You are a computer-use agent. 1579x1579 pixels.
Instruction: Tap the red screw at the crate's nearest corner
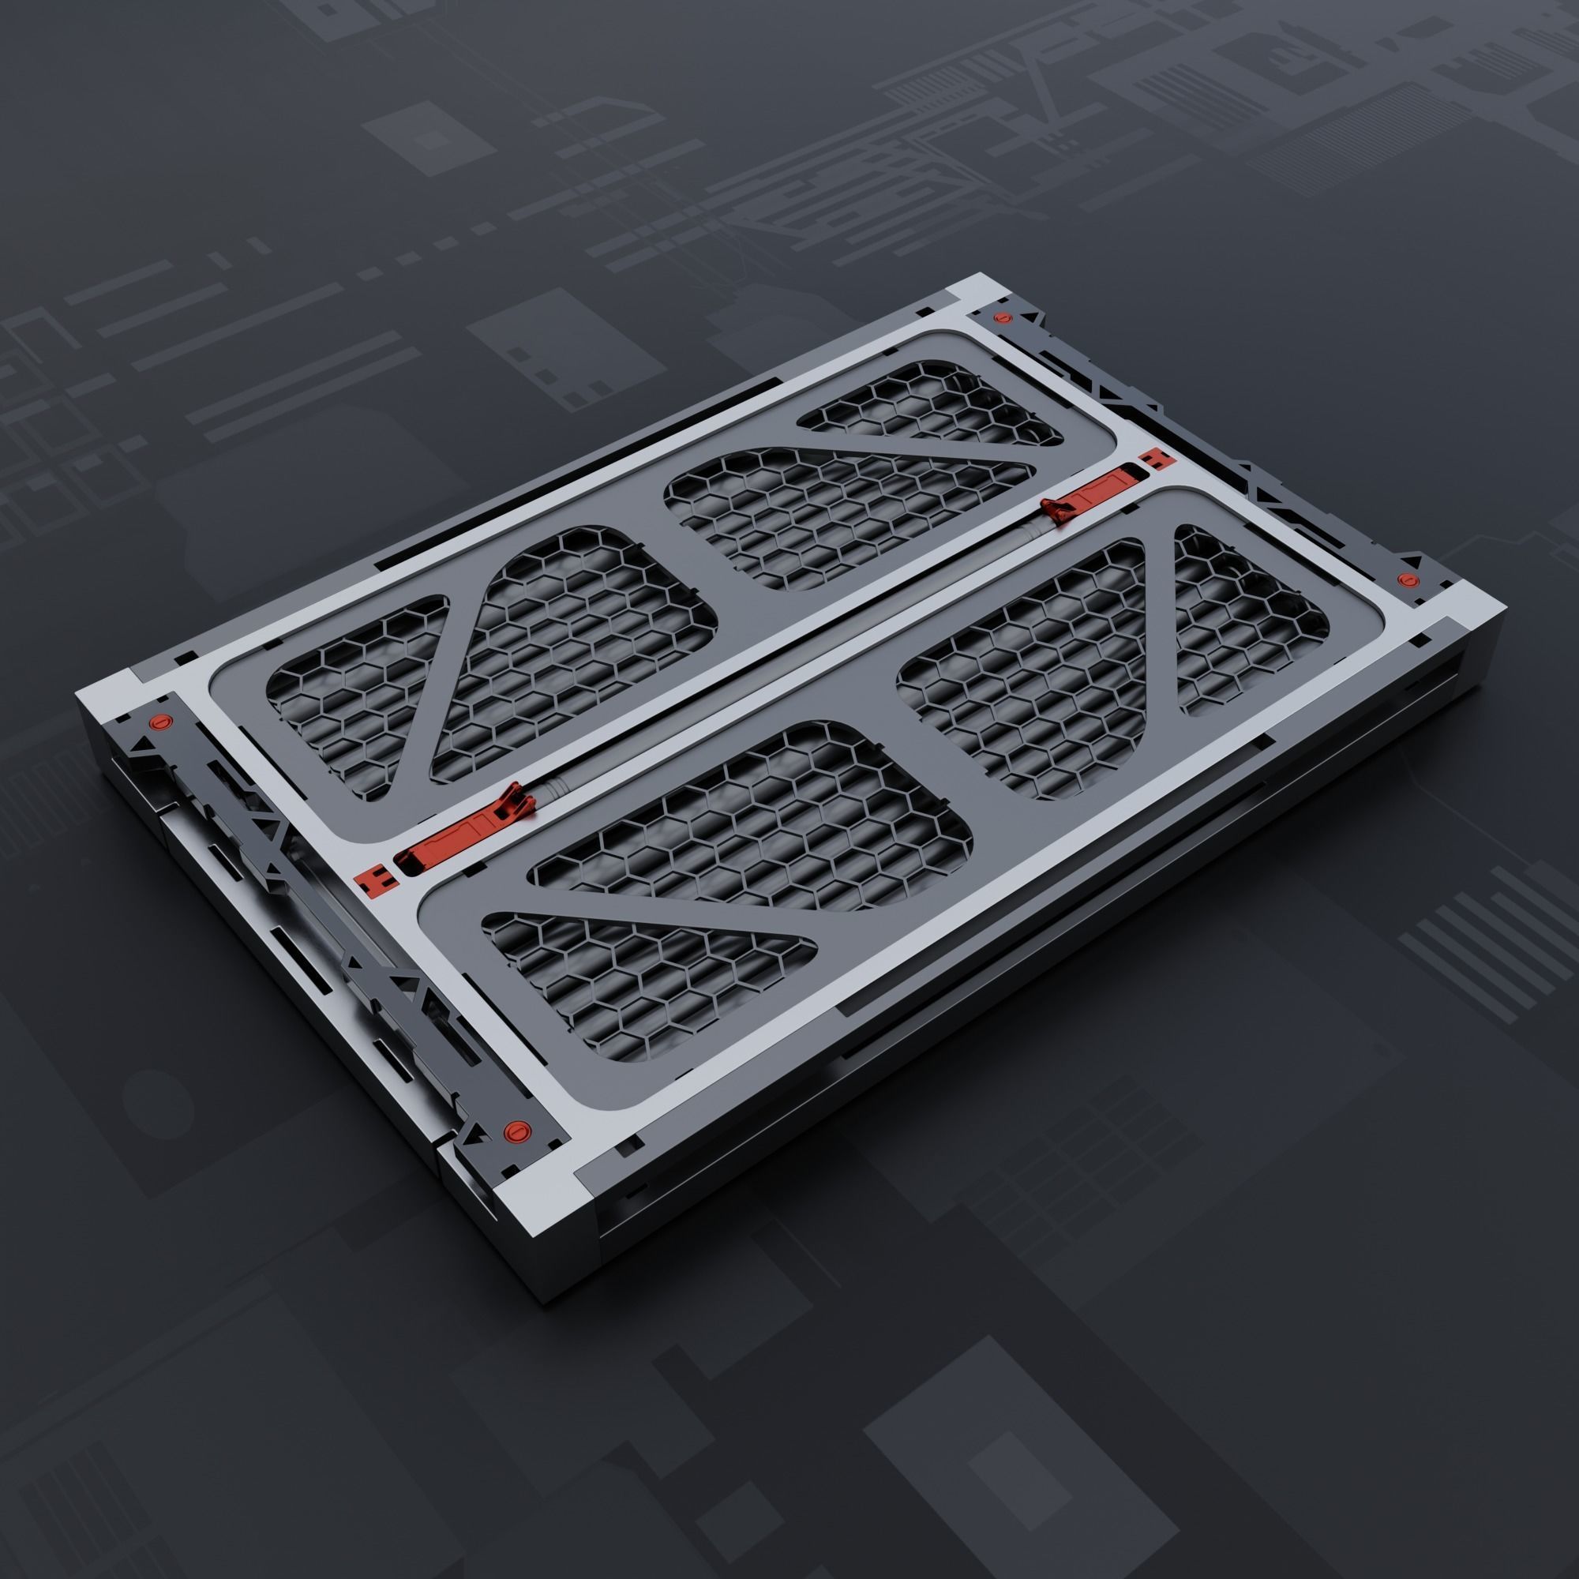(x=515, y=1131)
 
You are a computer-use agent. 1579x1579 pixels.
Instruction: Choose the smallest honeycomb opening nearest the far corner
(x=924, y=404)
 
